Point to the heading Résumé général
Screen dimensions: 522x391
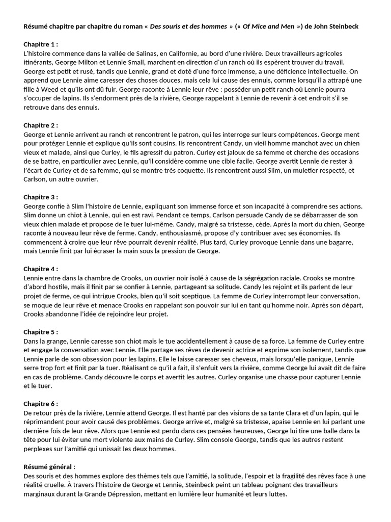pyautogui.click(x=49, y=466)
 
